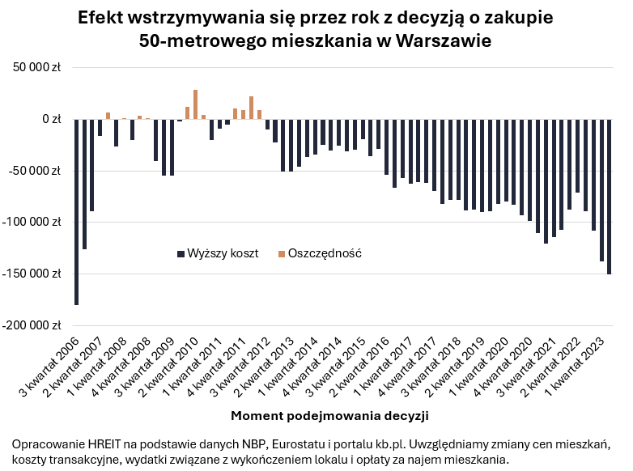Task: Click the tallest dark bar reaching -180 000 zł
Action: pyautogui.click(x=77, y=212)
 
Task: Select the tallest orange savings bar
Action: pyautogui.click(x=195, y=104)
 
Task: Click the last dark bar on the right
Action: pyautogui.click(x=609, y=197)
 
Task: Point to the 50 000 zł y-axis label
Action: pyautogui.click(x=35, y=68)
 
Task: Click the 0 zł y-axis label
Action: pyautogui.click(x=51, y=119)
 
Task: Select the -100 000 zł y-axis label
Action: pyautogui.click(x=32, y=222)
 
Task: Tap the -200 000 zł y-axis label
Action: pyautogui.click(x=32, y=325)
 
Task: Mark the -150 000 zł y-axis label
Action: pyautogui.click(x=32, y=274)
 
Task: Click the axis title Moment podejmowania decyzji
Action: pyautogui.click(x=329, y=416)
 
